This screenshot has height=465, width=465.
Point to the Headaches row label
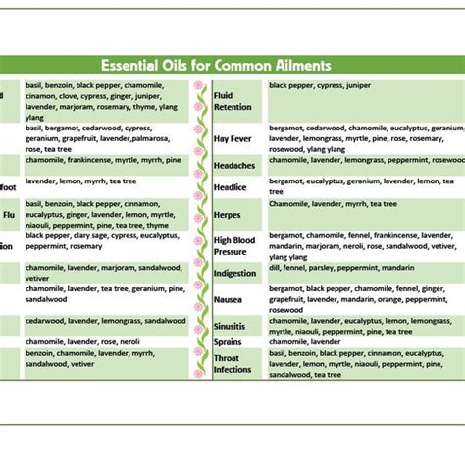pyautogui.click(x=235, y=164)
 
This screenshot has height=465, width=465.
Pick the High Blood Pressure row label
pyautogui.click(x=235, y=245)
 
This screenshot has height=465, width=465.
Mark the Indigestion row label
pyautogui.click(x=235, y=274)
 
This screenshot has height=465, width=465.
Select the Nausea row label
pyautogui.click(x=230, y=300)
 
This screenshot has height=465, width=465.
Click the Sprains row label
pyautogui.click(x=230, y=342)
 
